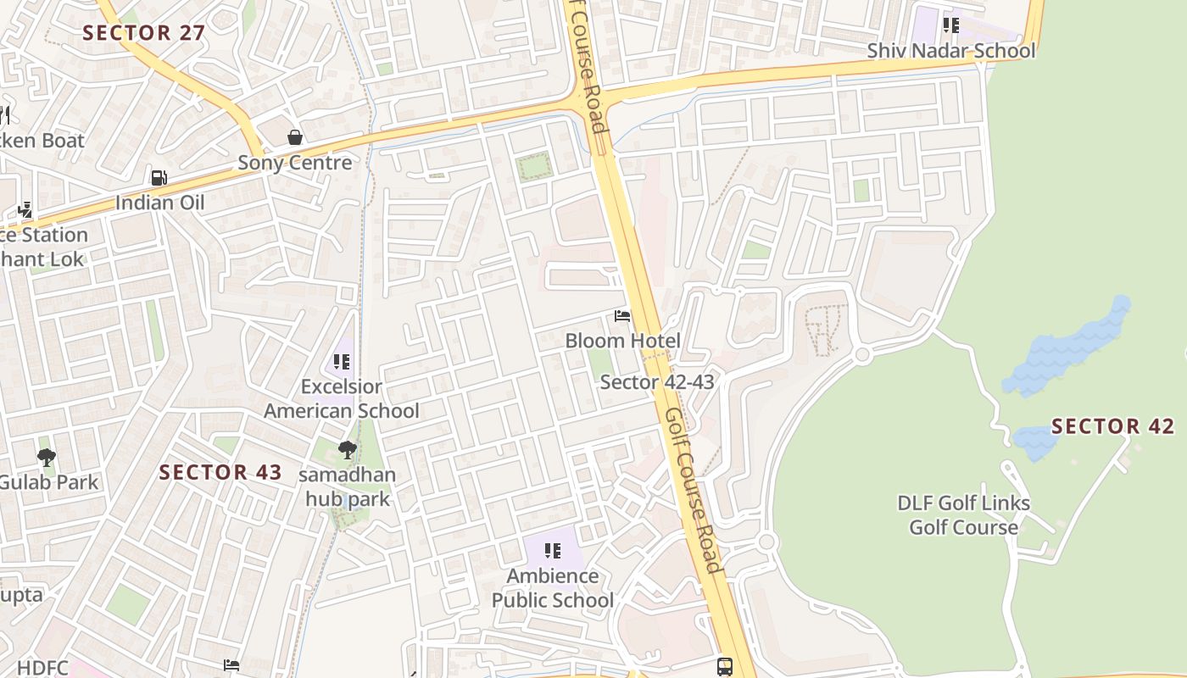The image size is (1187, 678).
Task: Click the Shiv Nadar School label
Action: pos(950,51)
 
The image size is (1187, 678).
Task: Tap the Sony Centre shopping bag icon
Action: pos(295,137)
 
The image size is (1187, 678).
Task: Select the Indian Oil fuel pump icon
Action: pos(159,178)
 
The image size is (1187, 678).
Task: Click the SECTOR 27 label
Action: pos(144,33)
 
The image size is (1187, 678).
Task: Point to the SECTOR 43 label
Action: pos(220,473)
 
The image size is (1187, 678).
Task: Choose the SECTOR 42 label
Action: pos(1112,426)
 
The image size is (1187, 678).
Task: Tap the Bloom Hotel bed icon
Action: pos(622,317)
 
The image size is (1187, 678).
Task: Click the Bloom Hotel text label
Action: pos(622,341)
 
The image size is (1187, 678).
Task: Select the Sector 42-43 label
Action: pos(657,382)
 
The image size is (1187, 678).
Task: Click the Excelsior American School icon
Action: pos(342,363)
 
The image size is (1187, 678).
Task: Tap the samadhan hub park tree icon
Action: pos(347,450)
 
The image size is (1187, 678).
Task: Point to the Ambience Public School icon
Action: pos(553,552)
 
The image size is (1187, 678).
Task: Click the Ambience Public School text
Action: pos(553,588)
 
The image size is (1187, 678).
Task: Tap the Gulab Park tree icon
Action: pos(47,458)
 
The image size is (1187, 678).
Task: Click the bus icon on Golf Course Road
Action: pos(725,667)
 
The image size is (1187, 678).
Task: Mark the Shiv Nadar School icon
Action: pos(951,25)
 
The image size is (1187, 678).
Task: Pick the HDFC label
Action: pos(42,668)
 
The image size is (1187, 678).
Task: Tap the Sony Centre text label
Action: pos(294,163)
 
